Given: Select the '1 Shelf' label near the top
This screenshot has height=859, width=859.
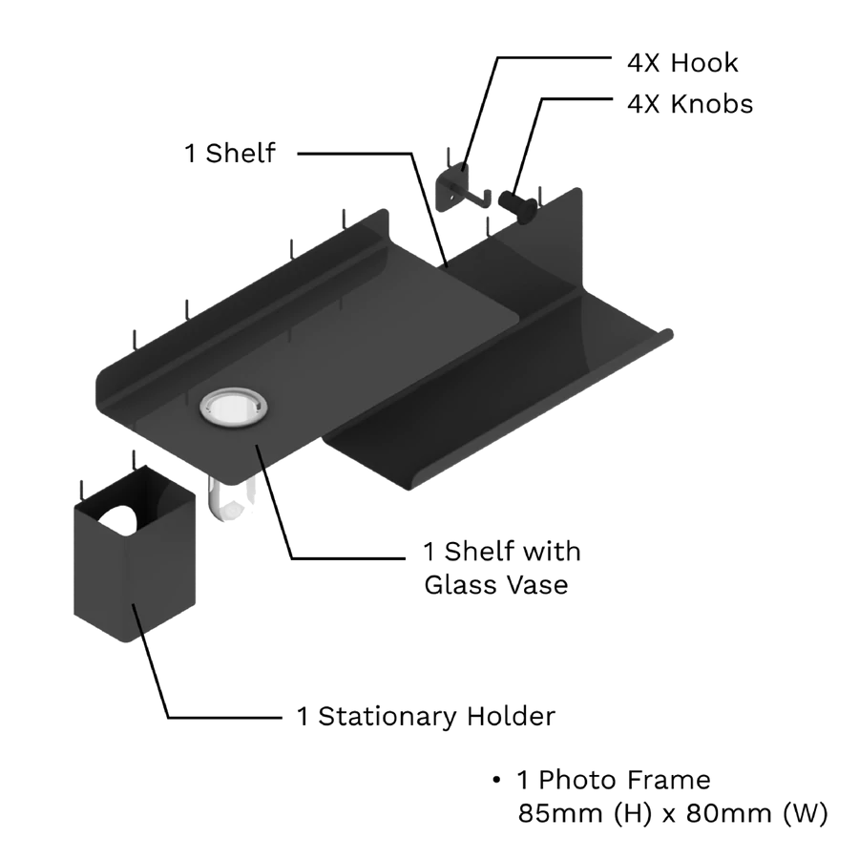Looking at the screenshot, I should click(230, 153).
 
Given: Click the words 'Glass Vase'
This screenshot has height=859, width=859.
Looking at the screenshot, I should click(495, 583).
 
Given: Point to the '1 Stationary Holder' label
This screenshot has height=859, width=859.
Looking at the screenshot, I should click(426, 716).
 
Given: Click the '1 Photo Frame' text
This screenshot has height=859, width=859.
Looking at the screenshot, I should click(614, 780).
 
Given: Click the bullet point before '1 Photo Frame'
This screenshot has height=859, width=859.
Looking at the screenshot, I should click(496, 781).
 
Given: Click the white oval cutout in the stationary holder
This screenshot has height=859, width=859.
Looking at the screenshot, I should click(118, 519).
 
